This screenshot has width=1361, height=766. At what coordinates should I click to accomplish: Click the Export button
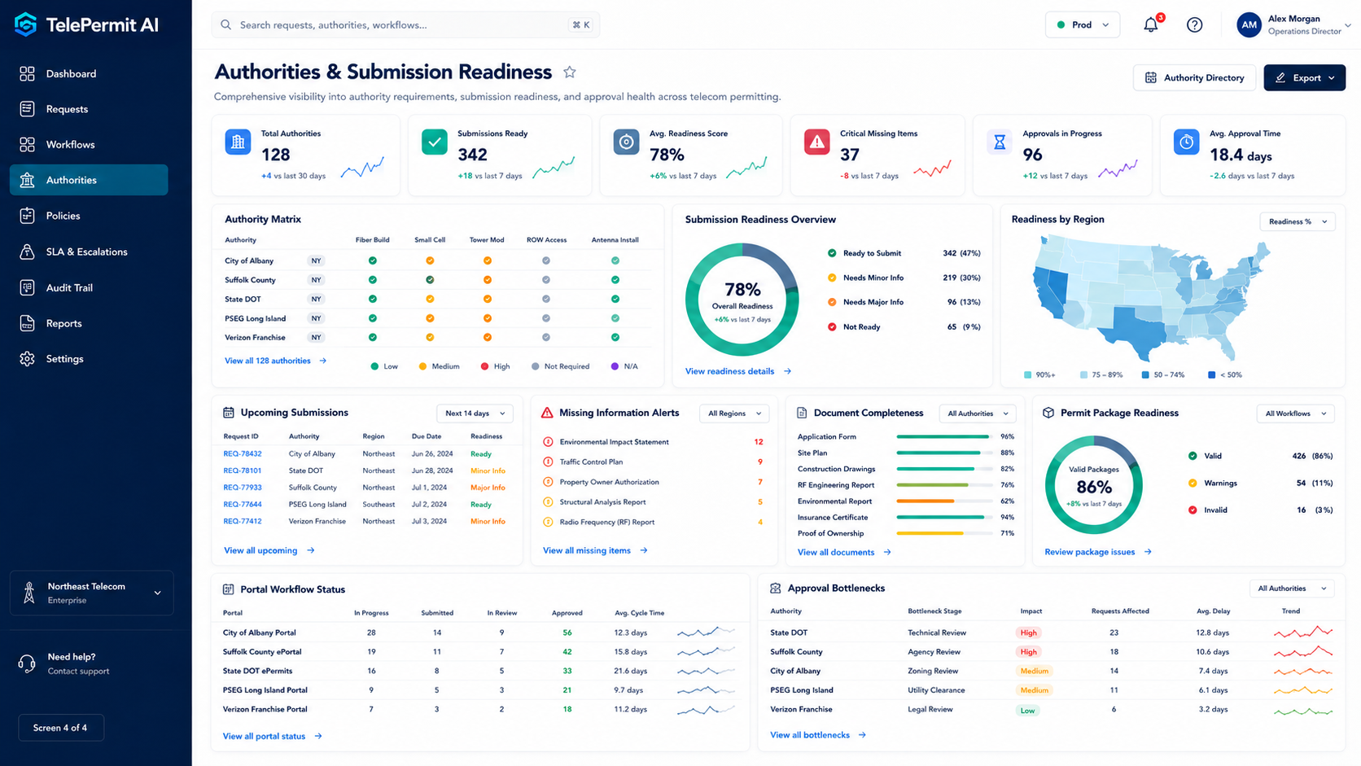point(1304,78)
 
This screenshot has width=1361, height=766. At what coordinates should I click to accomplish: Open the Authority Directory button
point(1194,78)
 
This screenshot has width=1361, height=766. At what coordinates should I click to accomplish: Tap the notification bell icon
point(1151,25)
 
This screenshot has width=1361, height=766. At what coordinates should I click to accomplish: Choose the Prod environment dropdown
point(1082,25)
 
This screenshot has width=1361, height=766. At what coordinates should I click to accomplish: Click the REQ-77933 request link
point(243,487)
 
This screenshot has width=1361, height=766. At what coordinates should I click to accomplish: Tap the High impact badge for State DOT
point(1028,632)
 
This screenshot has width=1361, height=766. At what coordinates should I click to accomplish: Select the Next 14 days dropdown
point(475,413)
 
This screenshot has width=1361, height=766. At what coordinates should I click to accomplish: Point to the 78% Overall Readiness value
point(742,289)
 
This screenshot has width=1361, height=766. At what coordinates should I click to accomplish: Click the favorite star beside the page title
point(569,72)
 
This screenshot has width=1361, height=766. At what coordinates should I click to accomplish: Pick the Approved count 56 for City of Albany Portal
point(567,632)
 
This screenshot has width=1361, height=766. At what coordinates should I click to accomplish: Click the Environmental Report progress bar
point(943,501)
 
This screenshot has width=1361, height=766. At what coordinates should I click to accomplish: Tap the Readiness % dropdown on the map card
point(1298,221)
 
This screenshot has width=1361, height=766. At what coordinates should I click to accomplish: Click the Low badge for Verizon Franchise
point(1027,710)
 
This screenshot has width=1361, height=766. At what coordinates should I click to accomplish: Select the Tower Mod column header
point(487,240)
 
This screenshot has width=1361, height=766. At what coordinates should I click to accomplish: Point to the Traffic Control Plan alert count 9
point(759,462)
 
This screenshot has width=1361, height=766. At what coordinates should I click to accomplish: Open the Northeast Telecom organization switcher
point(92,593)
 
